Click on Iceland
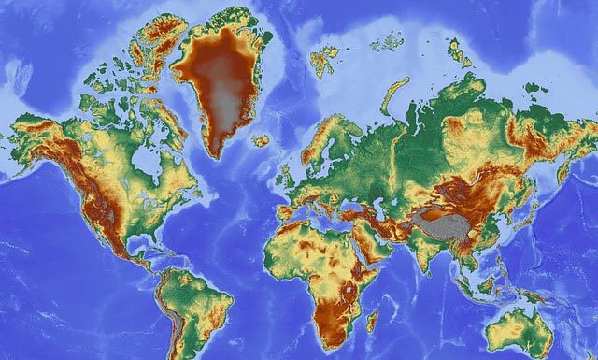click(x=261, y=141)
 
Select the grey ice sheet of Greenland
click(x=221, y=94)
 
